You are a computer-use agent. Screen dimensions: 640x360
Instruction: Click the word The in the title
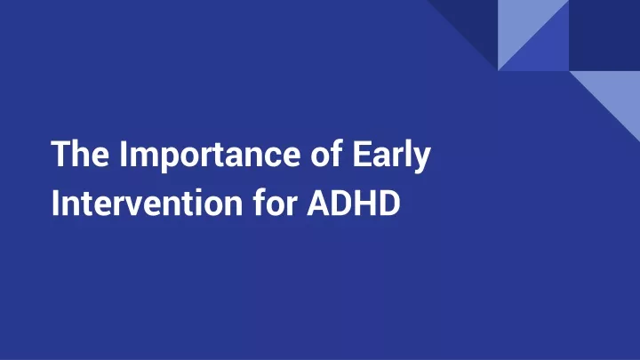(80, 154)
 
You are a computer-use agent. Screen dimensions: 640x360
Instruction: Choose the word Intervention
(147, 203)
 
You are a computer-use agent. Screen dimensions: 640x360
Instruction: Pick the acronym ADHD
(354, 203)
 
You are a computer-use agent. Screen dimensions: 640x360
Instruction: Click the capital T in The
(61, 154)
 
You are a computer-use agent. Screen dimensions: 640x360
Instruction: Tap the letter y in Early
(421, 160)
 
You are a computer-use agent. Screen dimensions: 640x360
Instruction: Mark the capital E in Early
(362, 154)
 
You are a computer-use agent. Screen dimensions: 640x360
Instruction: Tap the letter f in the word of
(336, 153)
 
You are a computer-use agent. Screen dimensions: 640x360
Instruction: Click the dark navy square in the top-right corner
(604, 35)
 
